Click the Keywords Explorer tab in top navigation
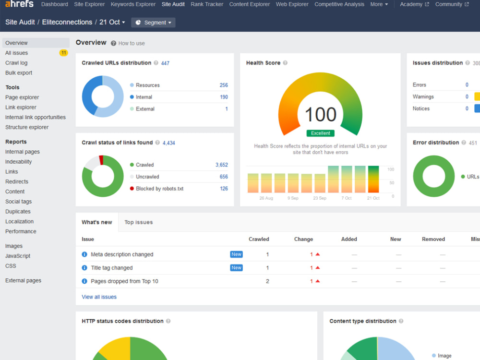[133, 4]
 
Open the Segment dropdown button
[153, 23]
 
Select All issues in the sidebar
[16, 53]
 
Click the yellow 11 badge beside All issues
[63, 53]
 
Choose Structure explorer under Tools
[27, 127]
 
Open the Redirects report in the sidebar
[17, 181]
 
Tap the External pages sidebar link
[23, 280]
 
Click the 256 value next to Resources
[224, 85]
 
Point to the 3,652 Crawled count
[222, 165]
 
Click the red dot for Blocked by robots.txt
[132, 189]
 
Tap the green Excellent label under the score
[321, 133]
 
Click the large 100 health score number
[321, 115]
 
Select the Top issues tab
[139, 222]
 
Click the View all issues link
[99, 297]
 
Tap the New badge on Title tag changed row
[236, 268]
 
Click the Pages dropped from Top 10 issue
[125, 281]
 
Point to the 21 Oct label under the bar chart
[373, 198]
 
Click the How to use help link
[132, 44]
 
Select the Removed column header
[433, 239]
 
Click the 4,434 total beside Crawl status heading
[168, 143]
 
